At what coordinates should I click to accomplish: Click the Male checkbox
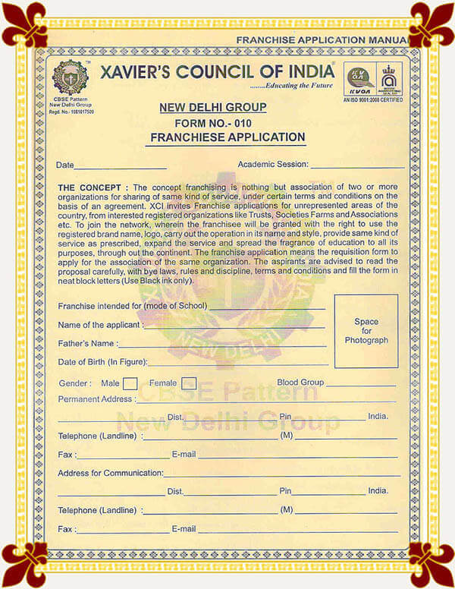click(x=130, y=383)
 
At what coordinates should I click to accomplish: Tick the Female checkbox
click(x=190, y=383)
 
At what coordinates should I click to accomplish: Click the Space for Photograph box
click(x=366, y=331)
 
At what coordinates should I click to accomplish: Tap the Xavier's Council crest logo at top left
click(x=70, y=77)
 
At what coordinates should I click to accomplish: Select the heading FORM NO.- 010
click(x=212, y=123)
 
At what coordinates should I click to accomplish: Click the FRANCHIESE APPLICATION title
click(x=227, y=137)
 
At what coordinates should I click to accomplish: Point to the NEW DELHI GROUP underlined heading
click(x=212, y=108)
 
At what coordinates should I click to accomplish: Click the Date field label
click(x=65, y=165)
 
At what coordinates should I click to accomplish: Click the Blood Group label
click(x=300, y=383)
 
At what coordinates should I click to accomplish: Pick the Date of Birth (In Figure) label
click(x=102, y=362)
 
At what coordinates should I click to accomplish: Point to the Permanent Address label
click(x=96, y=399)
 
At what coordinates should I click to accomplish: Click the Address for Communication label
click(x=111, y=473)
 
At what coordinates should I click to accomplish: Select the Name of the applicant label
click(x=100, y=325)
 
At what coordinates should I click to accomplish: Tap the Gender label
click(x=75, y=384)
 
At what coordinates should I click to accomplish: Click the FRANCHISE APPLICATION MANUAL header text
click(x=322, y=39)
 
